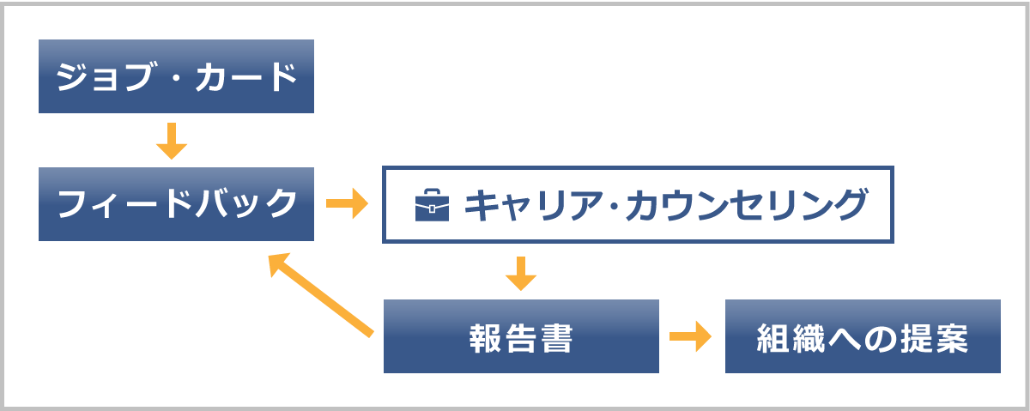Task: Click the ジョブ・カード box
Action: (176, 76)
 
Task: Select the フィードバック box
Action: (176, 204)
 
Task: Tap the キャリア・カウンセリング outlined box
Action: (638, 204)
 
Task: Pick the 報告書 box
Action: (521, 336)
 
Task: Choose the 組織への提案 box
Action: (863, 336)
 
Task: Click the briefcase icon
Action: (432, 206)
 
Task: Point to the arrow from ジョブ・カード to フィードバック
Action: (172, 142)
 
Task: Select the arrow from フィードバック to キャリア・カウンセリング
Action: (347, 204)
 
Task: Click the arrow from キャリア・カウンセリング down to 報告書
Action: (521, 272)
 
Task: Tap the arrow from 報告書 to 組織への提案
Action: (691, 336)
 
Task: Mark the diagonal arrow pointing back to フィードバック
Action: (321, 293)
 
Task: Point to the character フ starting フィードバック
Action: (71, 205)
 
